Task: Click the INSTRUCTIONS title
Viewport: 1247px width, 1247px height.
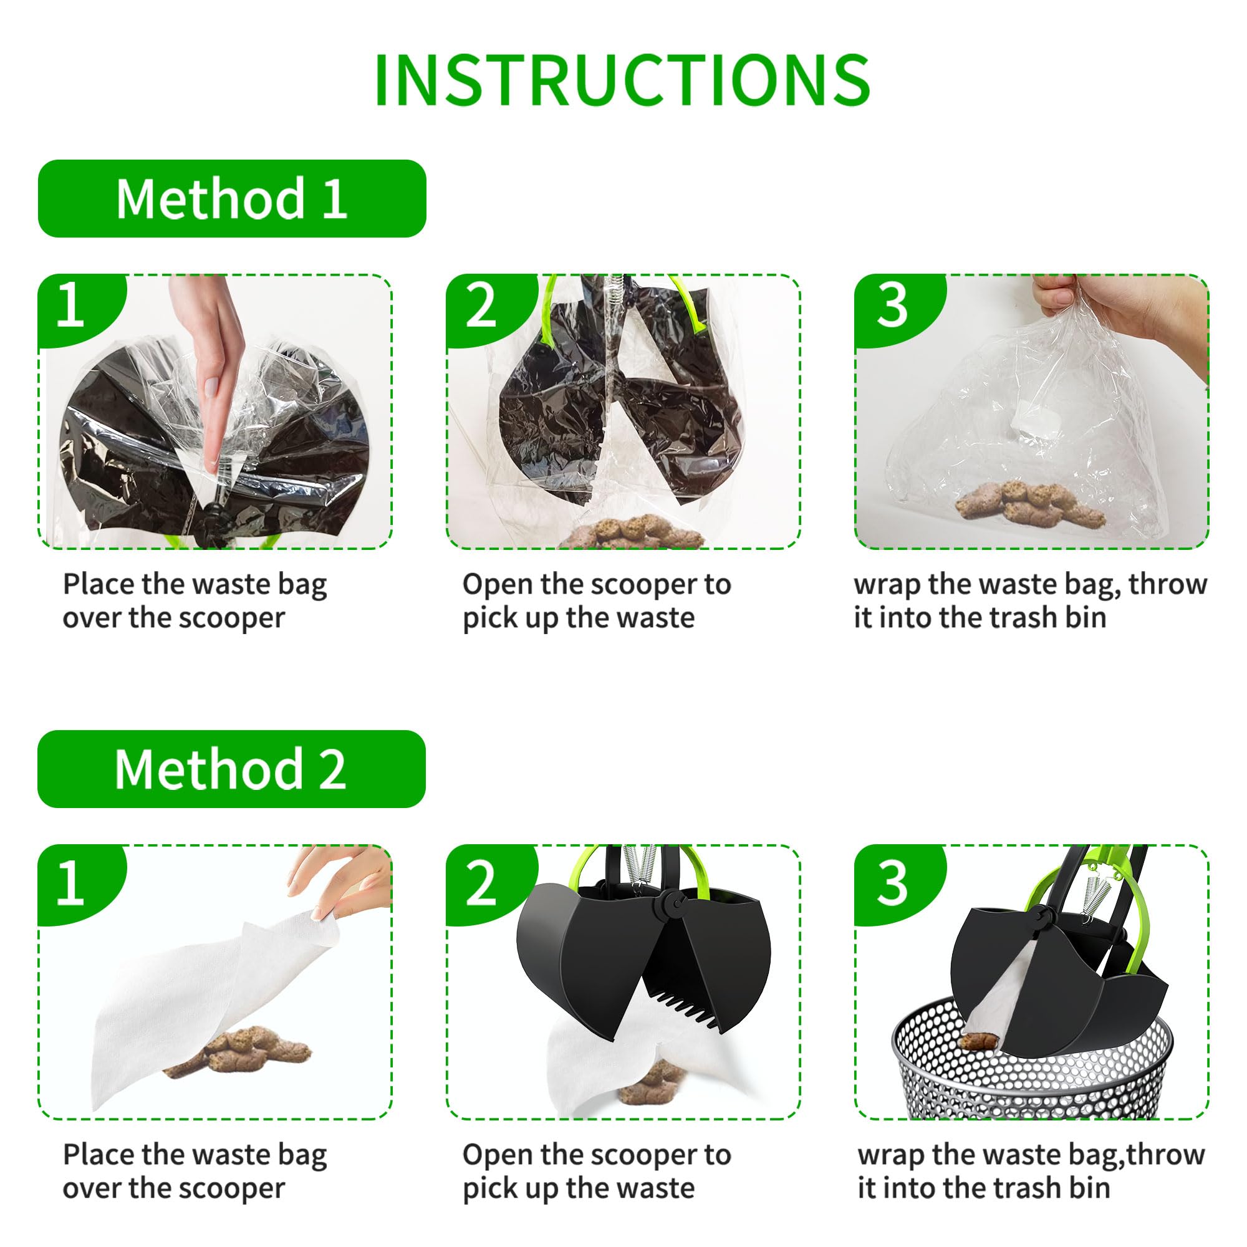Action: tap(622, 80)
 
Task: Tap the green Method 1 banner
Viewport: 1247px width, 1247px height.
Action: tap(232, 199)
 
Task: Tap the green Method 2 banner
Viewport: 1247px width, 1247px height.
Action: tap(232, 769)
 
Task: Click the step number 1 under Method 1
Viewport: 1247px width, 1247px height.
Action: tap(71, 306)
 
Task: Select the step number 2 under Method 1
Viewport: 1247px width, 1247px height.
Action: tap(480, 306)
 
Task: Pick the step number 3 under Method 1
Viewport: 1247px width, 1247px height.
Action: tap(892, 306)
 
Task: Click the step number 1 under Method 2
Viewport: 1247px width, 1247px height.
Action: tap(71, 883)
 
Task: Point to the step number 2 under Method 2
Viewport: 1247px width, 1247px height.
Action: tap(480, 883)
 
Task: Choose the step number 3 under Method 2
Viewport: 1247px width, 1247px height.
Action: tap(892, 883)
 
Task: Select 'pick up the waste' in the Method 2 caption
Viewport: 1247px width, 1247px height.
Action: tap(579, 1188)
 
